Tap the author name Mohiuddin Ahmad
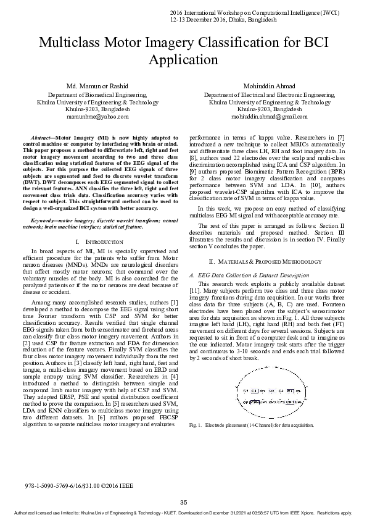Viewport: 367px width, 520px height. [269, 85]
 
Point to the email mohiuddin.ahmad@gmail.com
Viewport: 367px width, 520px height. [269, 116]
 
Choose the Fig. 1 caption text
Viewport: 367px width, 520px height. [252, 426]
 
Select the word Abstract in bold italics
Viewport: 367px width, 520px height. [41, 136]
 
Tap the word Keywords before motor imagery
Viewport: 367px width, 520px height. [43, 220]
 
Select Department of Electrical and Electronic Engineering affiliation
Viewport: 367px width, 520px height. [269, 96]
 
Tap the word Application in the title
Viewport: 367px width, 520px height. [183, 60]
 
